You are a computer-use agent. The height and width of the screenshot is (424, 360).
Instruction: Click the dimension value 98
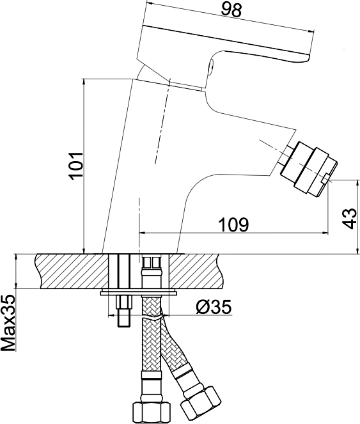[231, 11]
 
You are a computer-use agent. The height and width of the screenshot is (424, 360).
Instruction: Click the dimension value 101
[76, 166]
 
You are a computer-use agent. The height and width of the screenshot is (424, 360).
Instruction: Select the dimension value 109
[233, 224]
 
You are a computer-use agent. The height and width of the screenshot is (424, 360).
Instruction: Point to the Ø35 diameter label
[214, 306]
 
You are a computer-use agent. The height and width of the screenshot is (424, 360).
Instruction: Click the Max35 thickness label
[8, 323]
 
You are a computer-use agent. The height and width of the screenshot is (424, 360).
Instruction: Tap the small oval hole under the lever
[211, 66]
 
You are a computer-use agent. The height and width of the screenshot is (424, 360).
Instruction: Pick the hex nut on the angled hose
[201, 401]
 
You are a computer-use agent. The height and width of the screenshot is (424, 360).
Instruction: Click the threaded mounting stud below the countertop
[124, 310]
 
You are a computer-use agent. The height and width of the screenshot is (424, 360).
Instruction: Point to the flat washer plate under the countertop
[138, 293]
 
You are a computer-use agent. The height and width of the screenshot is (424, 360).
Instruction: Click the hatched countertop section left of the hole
[72, 271]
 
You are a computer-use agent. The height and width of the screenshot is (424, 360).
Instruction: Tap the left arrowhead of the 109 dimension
[143, 232]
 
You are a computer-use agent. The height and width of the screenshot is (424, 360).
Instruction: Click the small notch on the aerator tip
[326, 178]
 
